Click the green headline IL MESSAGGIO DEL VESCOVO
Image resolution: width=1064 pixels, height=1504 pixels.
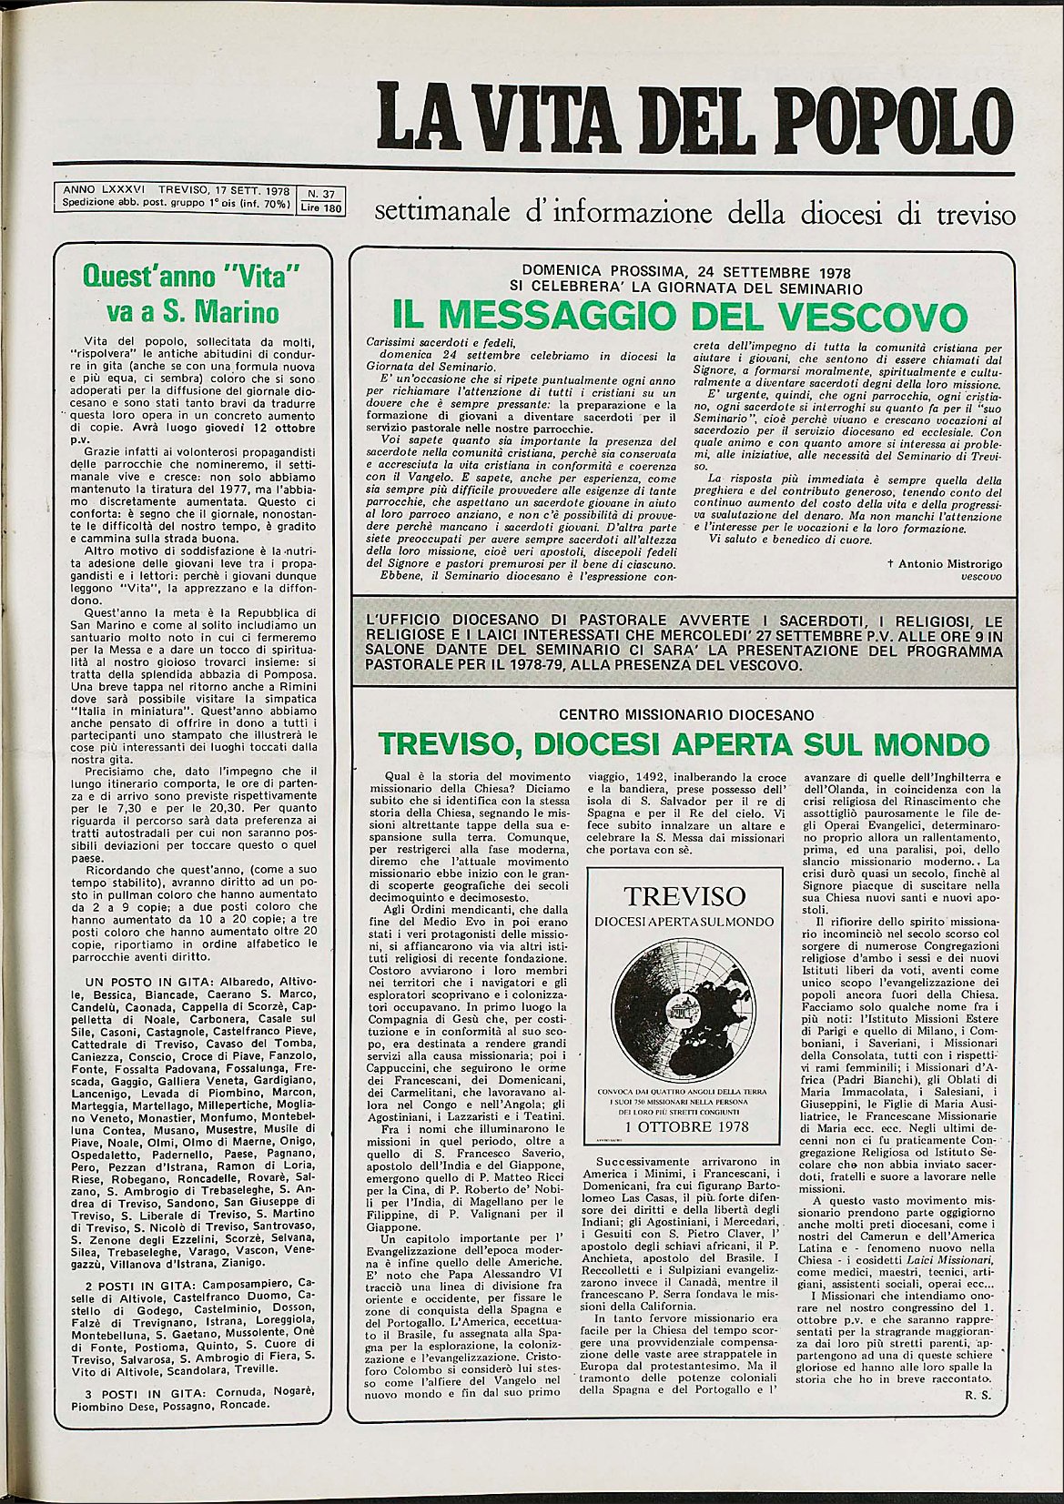(x=680, y=317)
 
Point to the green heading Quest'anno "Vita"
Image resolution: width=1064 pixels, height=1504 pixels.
(x=191, y=276)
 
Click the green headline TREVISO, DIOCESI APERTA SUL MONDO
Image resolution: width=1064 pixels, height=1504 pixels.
(x=684, y=742)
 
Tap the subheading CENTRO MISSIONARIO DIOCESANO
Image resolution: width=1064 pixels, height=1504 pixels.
(x=686, y=715)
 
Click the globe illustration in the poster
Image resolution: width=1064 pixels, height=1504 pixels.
(x=684, y=1011)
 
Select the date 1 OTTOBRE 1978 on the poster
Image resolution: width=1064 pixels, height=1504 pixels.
(x=683, y=1126)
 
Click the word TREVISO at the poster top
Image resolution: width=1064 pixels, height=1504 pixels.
(x=684, y=896)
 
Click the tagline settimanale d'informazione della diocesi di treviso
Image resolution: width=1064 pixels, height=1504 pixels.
(x=694, y=215)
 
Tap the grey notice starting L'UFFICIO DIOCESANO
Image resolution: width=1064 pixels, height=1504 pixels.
(x=683, y=642)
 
